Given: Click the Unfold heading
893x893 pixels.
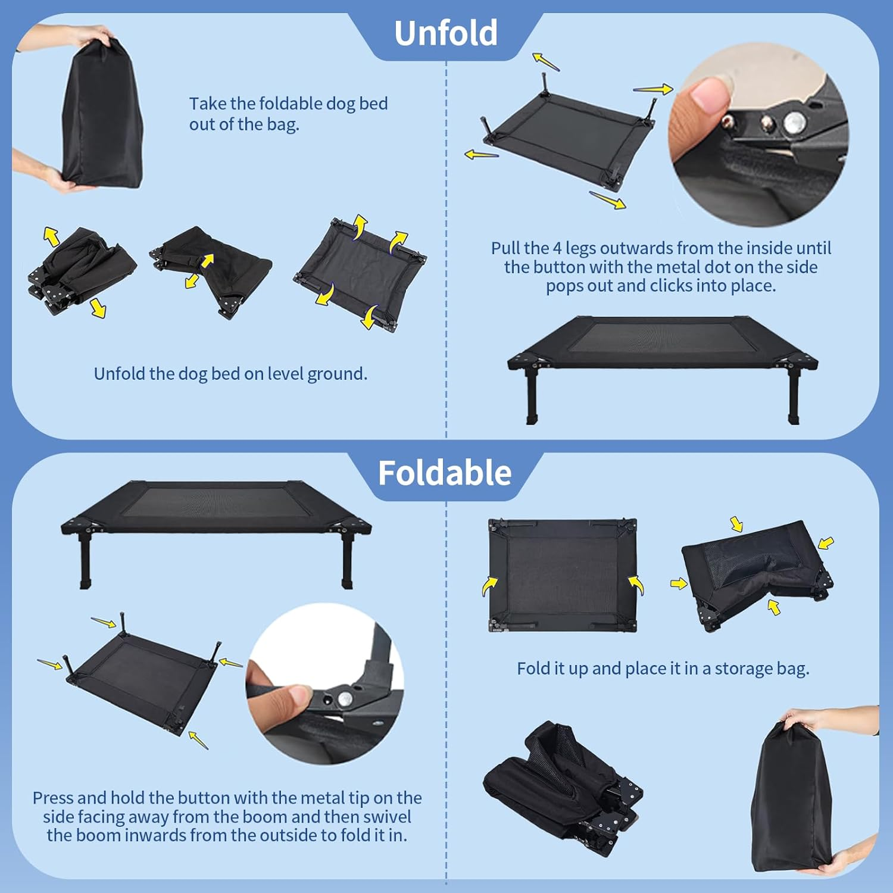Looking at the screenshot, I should pos(445,33).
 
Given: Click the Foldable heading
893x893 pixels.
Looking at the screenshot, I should pos(445,473).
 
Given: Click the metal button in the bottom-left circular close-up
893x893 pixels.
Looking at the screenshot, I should pos(344,698).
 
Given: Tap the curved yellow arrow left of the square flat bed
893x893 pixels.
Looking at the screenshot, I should pos(489,586).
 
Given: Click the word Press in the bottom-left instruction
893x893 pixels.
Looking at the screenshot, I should pos(52,798).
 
